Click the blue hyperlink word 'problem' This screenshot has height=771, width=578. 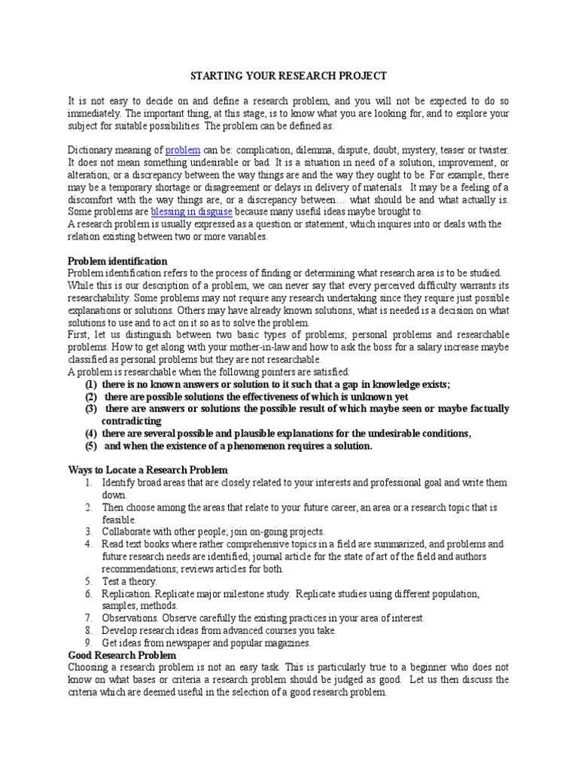(x=183, y=151)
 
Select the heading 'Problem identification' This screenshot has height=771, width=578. (x=117, y=261)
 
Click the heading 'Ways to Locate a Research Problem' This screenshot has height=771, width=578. (x=142, y=469)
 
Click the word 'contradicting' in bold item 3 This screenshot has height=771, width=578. (x=132, y=420)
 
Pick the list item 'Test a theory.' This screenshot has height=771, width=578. (x=129, y=581)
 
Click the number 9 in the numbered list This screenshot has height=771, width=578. (x=87, y=643)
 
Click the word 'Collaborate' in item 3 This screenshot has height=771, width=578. (x=127, y=532)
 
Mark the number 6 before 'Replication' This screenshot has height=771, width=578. (x=87, y=593)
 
